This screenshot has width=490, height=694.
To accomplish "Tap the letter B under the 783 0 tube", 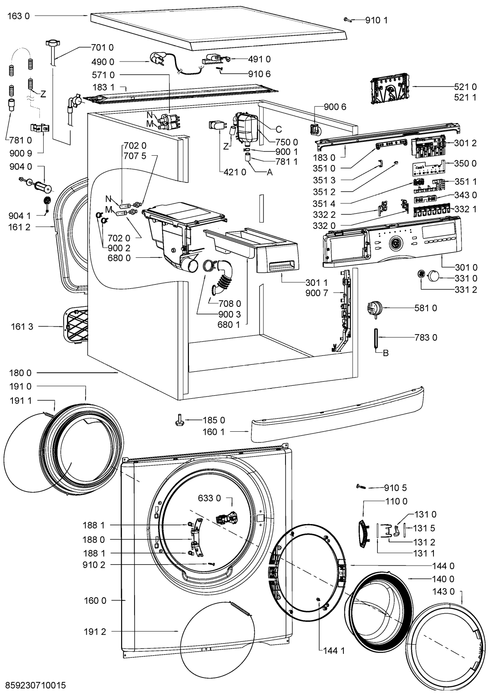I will pyautogui.click(x=386, y=353).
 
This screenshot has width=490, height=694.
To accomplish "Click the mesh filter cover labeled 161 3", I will pyautogui.click(x=75, y=326).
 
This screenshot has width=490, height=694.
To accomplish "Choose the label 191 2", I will pyautogui.click(x=95, y=631).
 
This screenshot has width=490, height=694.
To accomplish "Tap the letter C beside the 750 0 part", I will pyautogui.click(x=279, y=129).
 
